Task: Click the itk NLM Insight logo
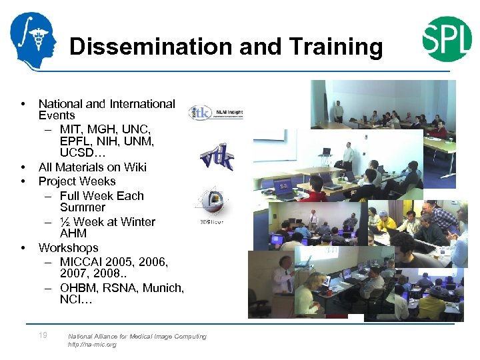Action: click(215, 111)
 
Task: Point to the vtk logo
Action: click(217, 157)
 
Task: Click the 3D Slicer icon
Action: click(211, 203)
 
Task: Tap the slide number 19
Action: click(43, 335)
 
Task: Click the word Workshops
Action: click(68, 247)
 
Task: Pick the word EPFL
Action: click(75, 141)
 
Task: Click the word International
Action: click(142, 103)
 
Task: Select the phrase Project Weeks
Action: click(77, 181)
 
